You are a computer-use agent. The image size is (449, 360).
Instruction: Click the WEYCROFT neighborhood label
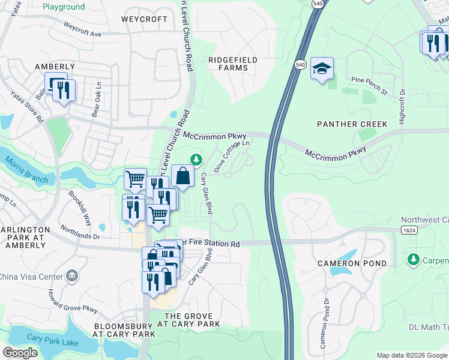click(144, 19)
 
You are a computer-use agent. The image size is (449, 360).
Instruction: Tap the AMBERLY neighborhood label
click(55, 67)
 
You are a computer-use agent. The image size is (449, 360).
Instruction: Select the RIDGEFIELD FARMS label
click(228, 64)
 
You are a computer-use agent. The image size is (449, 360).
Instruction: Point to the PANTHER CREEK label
click(352, 124)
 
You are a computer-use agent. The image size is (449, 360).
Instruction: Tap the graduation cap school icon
click(322, 70)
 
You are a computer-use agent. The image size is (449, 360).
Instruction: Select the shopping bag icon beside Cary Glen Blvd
click(183, 176)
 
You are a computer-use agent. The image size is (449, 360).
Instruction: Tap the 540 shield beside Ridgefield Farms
click(300, 64)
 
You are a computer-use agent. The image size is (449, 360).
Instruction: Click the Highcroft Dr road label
click(403, 104)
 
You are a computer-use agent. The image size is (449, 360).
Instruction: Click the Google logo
click(20, 353)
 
